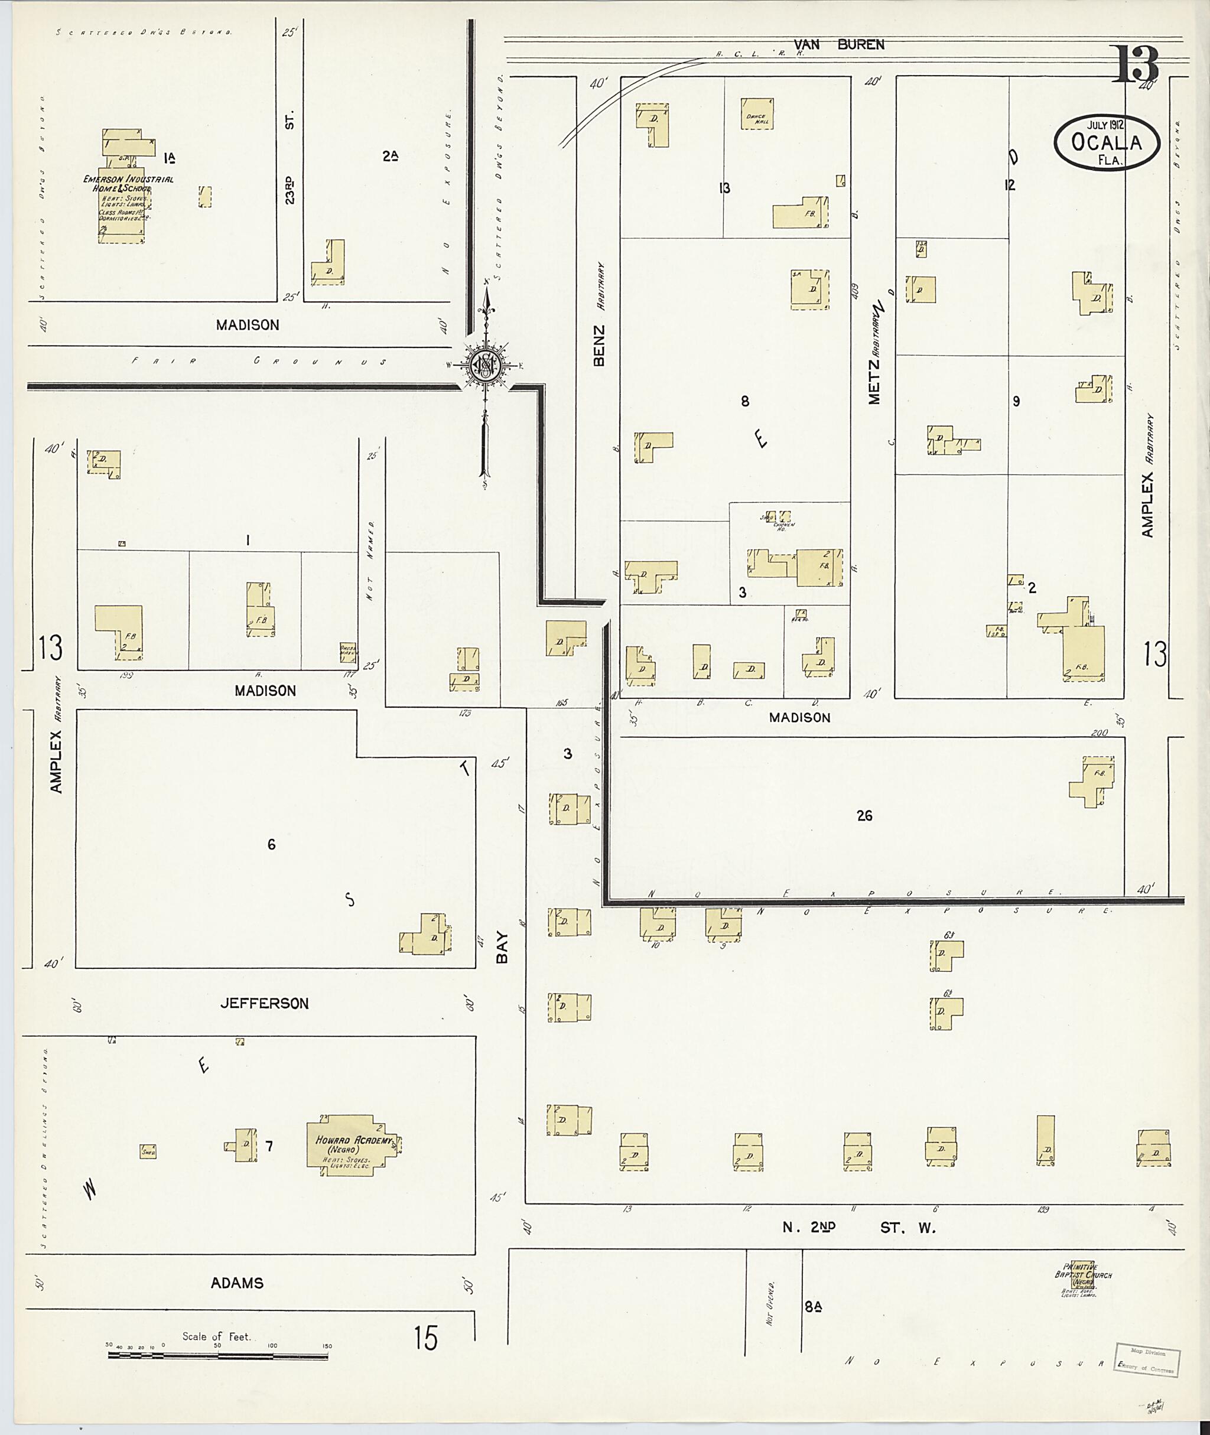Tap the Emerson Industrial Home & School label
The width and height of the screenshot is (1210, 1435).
[x=128, y=183]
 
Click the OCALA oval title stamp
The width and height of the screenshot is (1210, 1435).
[x=1107, y=142]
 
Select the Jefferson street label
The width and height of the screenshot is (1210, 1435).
[x=264, y=1004]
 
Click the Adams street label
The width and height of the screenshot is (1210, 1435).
[x=237, y=1283]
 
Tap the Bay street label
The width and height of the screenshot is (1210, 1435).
[x=503, y=946]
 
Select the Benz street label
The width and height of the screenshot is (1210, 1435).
[x=599, y=346]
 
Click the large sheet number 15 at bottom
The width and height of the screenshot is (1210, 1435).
[x=425, y=1338]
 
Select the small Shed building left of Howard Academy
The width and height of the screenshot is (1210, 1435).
[x=148, y=1151]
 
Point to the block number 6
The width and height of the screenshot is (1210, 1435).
[x=272, y=844]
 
